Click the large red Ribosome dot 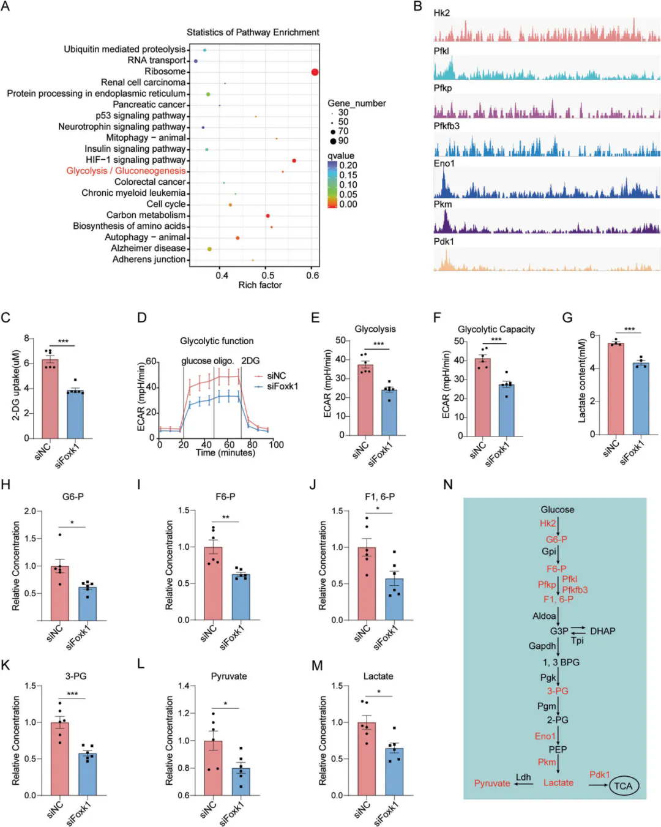pos(315,72)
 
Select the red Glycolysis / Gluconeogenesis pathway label pos(125,171)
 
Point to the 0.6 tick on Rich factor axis pos(312,275)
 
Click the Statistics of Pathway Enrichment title pos(253,32)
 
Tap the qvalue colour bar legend pos(332,185)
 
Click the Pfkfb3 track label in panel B pos(446,126)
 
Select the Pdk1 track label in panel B pos(444,241)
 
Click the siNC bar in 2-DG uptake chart pos(50,398)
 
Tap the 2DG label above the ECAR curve pos(250,361)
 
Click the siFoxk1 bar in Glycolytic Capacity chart pos(505,410)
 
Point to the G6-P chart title pos(73,496)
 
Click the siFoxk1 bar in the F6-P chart pos(241,597)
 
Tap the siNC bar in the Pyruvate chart pos(213,768)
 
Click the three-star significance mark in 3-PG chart pos(72,694)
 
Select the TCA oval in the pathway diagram pos(623,786)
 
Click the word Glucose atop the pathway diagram pos(557,509)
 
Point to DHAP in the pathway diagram pos(602,631)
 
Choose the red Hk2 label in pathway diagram pos(548,523)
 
